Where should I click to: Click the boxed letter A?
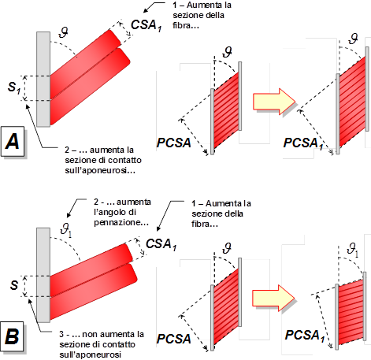pyautogui.click(x=13, y=141)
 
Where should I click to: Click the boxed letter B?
pyautogui.click(x=12, y=336)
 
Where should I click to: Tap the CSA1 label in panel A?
pyautogui.click(x=147, y=25)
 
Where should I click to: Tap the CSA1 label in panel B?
pyautogui.click(x=161, y=244)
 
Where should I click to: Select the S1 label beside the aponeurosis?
pyautogui.click(x=14, y=87)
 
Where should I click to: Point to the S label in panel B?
pyautogui.click(x=14, y=285)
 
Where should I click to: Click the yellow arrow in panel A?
pyautogui.click(x=274, y=102)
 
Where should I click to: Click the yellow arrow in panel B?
pyautogui.click(x=273, y=298)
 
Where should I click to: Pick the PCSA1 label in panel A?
pyautogui.click(x=303, y=143)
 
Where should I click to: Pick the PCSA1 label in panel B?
pyautogui.click(x=305, y=336)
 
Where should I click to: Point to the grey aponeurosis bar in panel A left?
pyautogui.click(x=43, y=80)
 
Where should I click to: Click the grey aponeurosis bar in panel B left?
pyautogui.click(x=43, y=275)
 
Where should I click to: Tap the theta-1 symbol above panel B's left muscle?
pyautogui.click(x=66, y=230)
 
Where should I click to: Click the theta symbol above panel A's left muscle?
pyautogui.click(x=63, y=32)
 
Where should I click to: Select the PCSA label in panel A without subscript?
pyautogui.click(x=173, y=143)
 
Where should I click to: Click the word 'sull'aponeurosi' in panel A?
pyautogui.click(x=100, y=170)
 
